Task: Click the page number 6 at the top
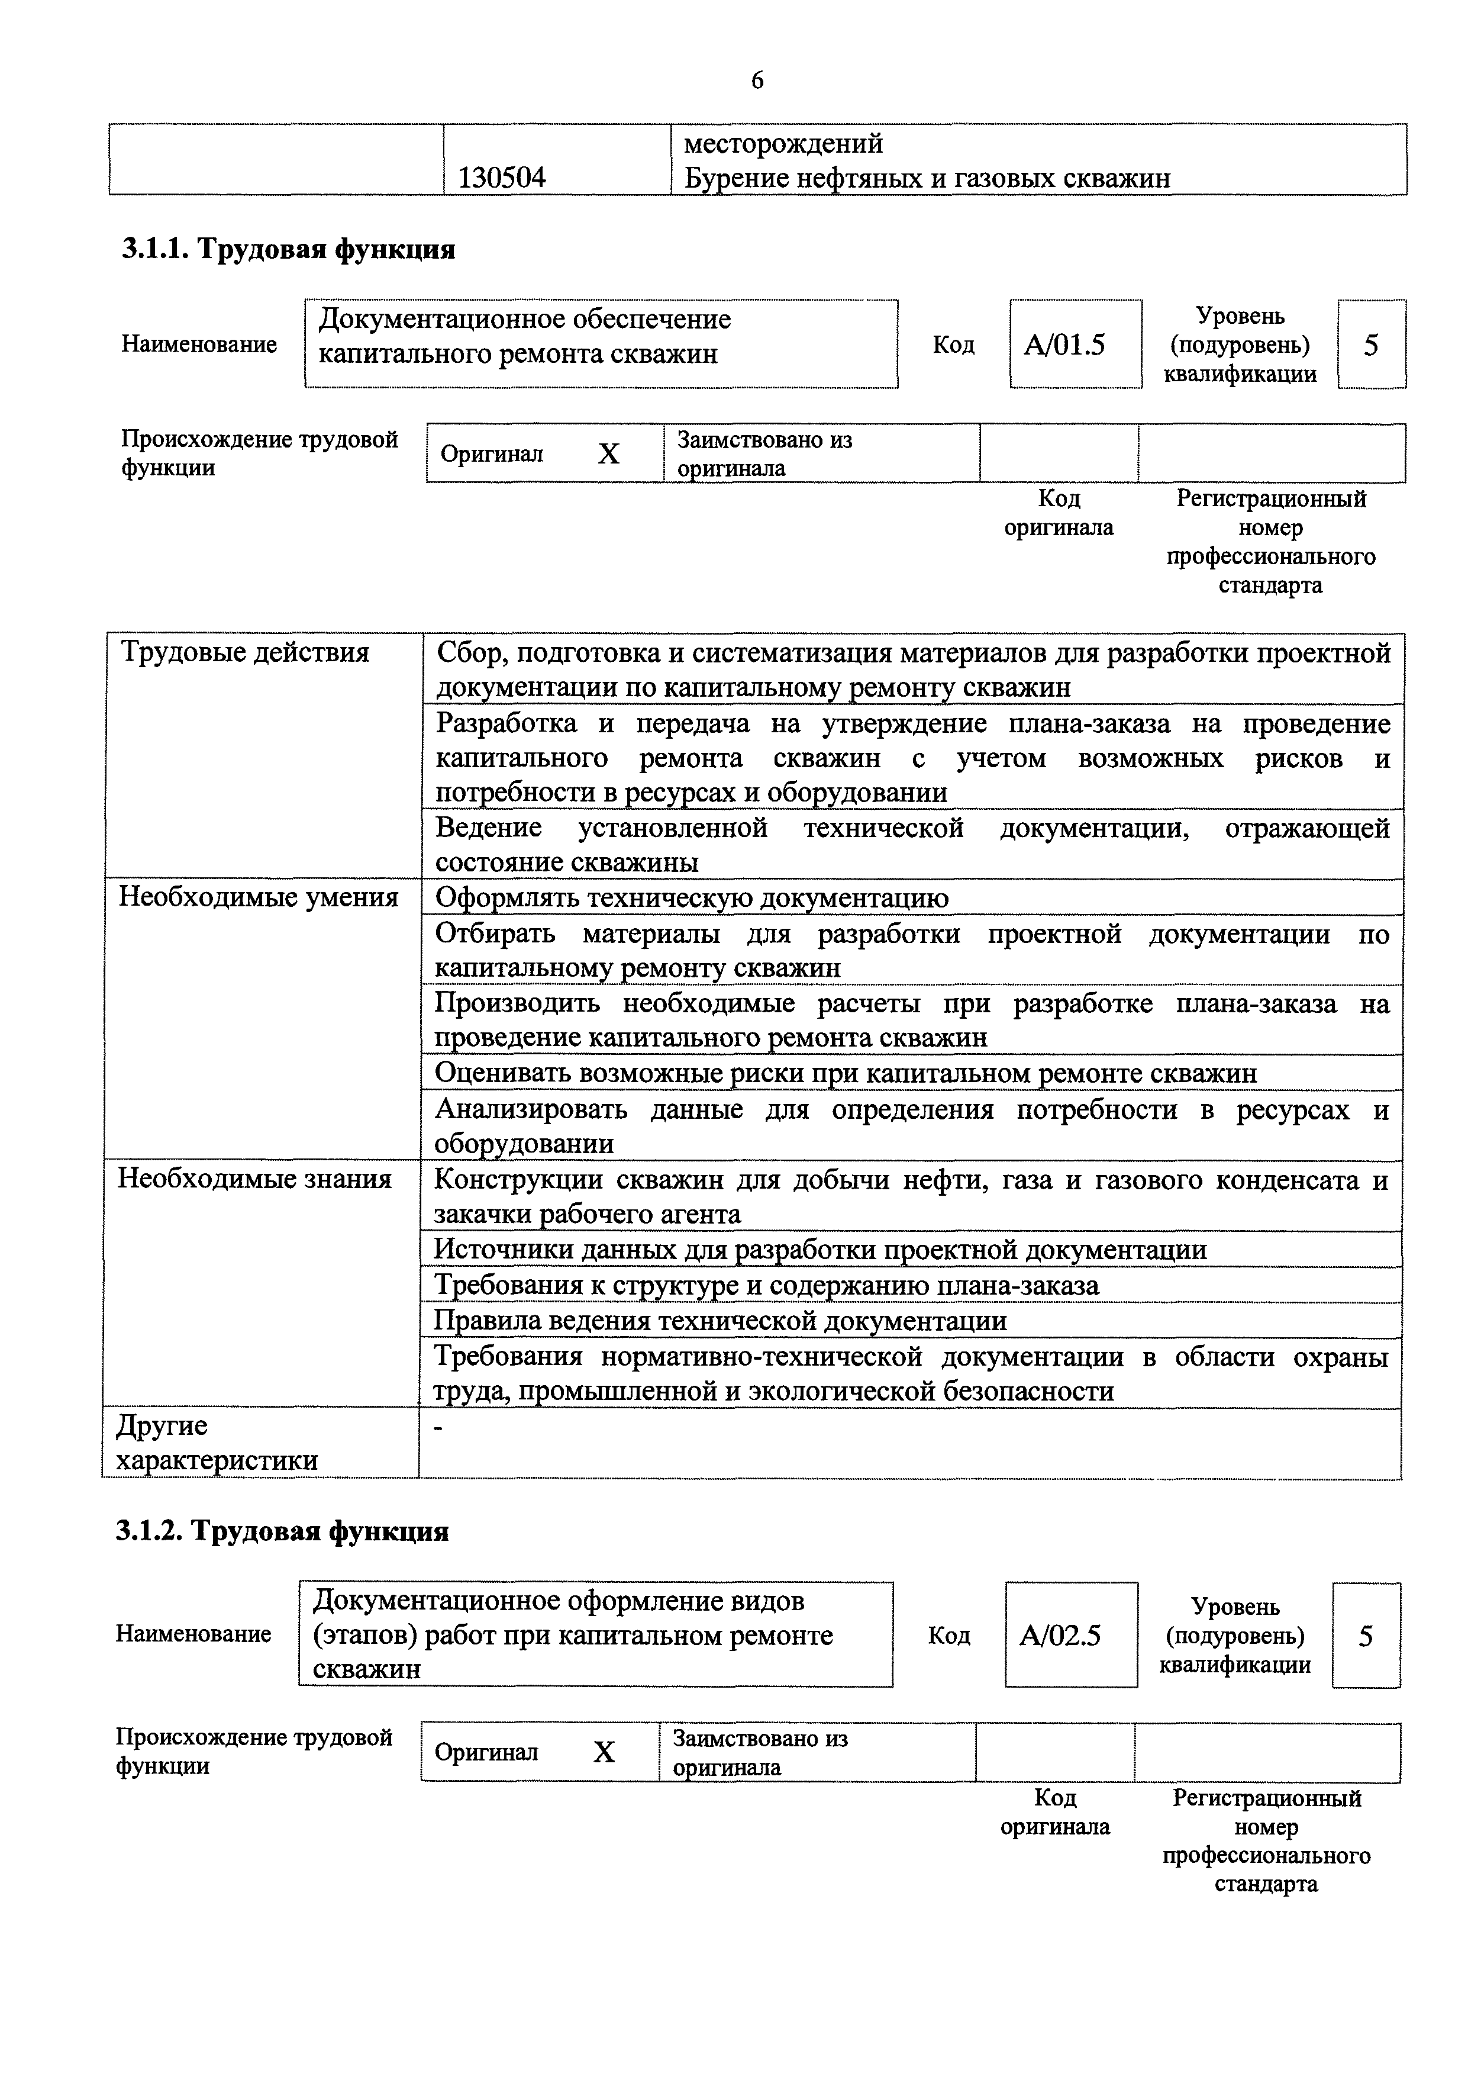757,81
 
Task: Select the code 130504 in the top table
502,177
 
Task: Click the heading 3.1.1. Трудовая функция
288,249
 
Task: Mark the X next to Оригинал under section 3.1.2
604,1752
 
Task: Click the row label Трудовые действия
245,652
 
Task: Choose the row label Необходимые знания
255,1179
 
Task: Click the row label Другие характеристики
217,1442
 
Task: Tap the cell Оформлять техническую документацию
692,898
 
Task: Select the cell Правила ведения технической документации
721,1321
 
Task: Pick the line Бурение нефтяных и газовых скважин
927,178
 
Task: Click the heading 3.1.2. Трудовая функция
282,1531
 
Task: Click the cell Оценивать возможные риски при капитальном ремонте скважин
845,1073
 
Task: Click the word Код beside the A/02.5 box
948,1636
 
